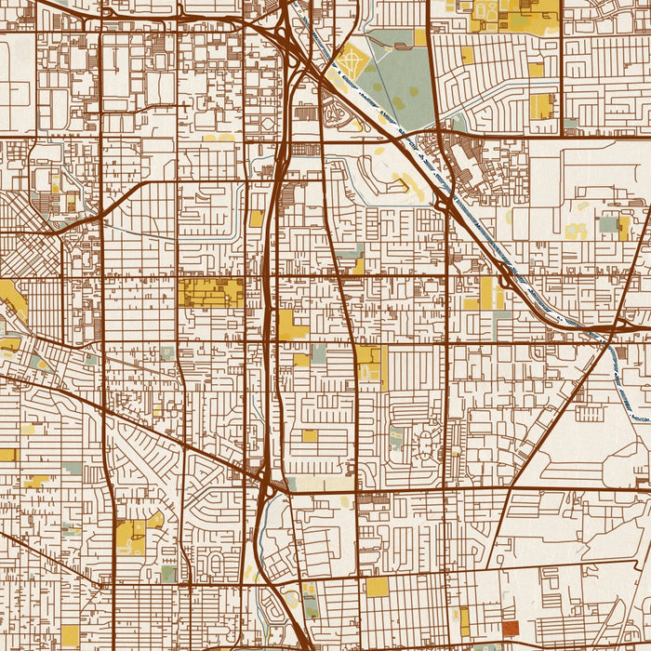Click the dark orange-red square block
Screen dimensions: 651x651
click(x=511, y=629)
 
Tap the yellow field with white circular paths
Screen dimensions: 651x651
click(x=352, y=61)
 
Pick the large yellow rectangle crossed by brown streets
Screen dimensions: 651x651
click(x=210, y=292)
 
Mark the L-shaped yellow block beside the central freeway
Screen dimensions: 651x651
click(x=291, y=325)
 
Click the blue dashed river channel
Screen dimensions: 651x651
click(x=521, y=279)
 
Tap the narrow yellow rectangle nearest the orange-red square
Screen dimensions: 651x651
click(x=464, y=620)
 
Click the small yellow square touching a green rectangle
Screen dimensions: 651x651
click(x=301, y=359)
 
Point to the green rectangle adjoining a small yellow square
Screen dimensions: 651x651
click(x=319, y=354)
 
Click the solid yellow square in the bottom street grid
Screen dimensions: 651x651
click(x=377, y=587)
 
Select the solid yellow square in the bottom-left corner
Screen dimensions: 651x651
click(x=70, y=635)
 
